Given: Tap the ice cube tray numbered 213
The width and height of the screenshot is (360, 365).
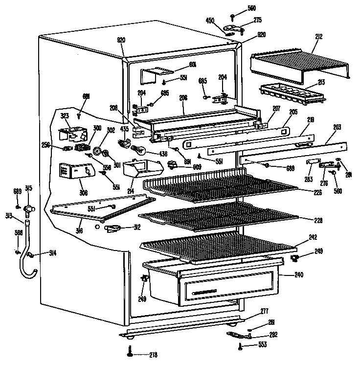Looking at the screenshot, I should coord(292,91).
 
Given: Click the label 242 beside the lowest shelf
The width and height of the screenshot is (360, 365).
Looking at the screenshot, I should coord(313,237).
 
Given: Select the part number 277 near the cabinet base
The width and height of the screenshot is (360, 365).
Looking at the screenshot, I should coord(265,311).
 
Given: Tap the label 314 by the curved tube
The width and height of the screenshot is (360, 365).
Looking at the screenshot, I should coord(52,252).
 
